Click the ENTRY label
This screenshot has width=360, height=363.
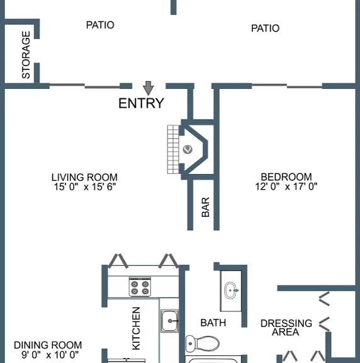point(141,103)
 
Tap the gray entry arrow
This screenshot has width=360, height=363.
point(148,88)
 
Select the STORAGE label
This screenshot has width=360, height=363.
point(26,55)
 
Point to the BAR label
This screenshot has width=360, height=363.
point(205,207)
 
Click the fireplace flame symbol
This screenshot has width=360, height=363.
point(188,149)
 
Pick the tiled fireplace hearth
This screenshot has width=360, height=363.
point(173,149)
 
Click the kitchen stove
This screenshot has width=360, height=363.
point(140,287)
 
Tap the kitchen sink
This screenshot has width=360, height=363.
point(169,321)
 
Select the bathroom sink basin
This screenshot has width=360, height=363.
point(231,291)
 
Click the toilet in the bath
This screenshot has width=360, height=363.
point(203,343)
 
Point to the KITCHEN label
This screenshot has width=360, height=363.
point(136,328)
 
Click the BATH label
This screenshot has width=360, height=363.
point(213,323)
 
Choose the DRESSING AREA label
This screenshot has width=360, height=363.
point(286,328)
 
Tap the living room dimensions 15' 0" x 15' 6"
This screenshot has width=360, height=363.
point(85,187)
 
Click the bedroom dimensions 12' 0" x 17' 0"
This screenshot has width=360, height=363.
point(286,187)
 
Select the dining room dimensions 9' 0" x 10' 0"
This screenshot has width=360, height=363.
point(50,354)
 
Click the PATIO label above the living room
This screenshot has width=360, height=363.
point(100,25)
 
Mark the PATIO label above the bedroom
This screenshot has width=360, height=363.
point(265,28)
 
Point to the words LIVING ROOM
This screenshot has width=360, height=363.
point(84,177)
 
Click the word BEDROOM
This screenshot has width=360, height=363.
point(286,177)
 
